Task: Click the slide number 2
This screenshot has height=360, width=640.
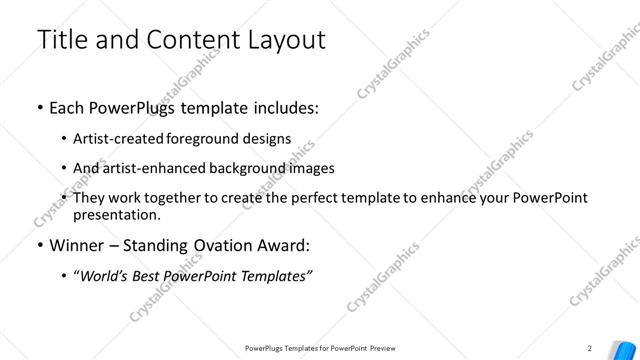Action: (591, 348)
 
